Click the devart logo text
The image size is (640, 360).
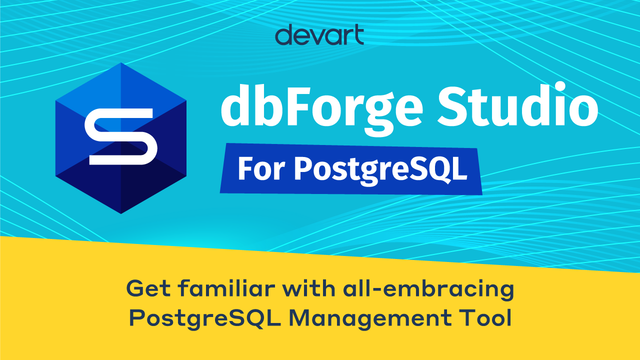(x=319, y=34)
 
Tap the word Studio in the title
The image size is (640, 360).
(x=517, y=105)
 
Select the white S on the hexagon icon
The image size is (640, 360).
(x=121, y=137)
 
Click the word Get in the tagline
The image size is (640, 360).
(x=148, y=289)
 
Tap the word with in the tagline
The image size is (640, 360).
(x=309, y=288)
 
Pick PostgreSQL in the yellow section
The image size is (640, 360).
(x=205, y=319)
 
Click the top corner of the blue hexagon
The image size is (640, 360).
(x=121, y=62)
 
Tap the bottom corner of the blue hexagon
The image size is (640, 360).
(x=121, y=213)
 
